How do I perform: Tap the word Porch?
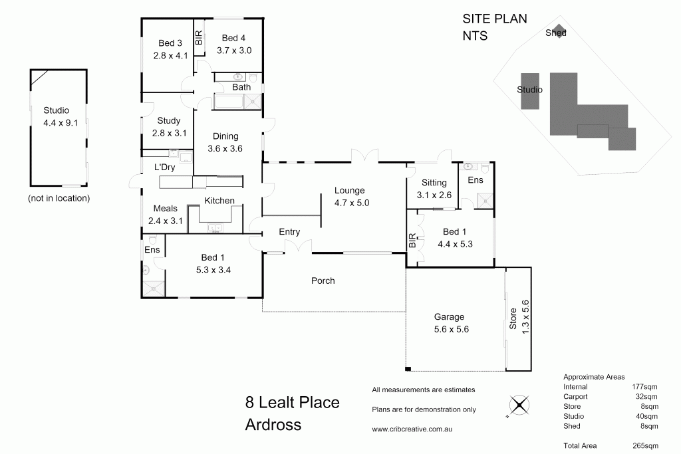[323, 281]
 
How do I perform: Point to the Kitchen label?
[219, 201]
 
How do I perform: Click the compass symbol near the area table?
[519, 405]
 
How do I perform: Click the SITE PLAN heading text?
[494, 19]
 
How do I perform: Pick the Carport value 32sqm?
[646, 396]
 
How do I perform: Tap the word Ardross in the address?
[273, 424]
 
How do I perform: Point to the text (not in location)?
[59, 198]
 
